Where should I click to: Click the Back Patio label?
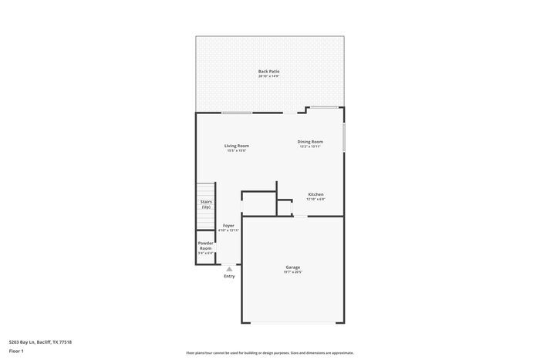click(268, 71)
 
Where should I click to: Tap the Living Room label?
click(237, 146)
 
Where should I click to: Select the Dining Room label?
click(310, 141)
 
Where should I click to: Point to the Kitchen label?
click(316, 194)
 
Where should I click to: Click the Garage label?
click(292, 267)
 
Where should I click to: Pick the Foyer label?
click(228, 225)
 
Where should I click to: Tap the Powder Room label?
click(205, 245)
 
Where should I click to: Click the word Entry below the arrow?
click(229, 276)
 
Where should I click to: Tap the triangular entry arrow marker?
click(229, 268)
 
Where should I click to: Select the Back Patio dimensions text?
click(268, 76)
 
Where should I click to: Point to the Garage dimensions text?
click(292, 272)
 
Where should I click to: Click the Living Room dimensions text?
click(237, 151)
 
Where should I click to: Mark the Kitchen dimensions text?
click(316, 200)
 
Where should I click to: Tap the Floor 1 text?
click(16, 352)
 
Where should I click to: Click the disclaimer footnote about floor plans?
click(269, 352)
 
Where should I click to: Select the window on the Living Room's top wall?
click(238, 113)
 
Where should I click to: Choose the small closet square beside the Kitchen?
click(285, 207)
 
